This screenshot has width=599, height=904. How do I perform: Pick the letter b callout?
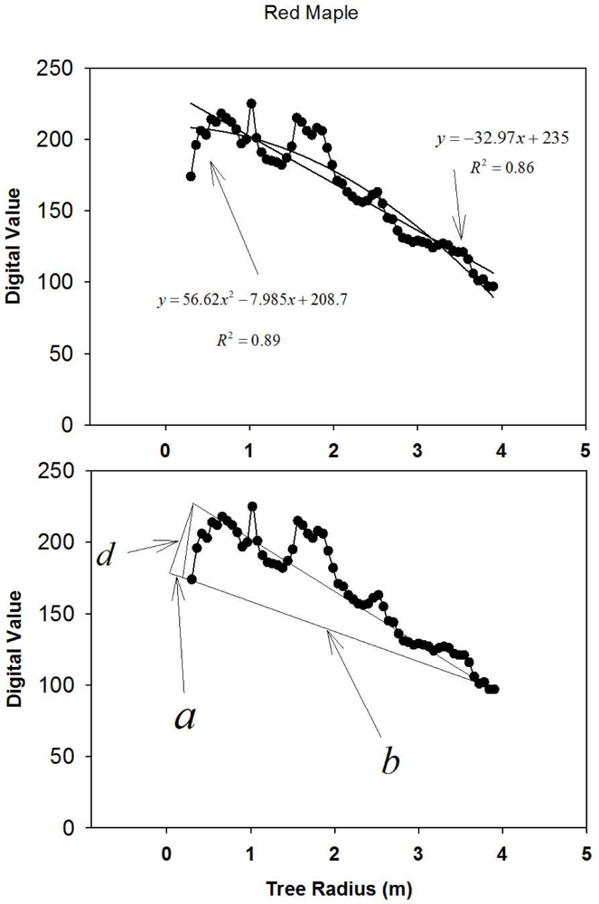(390, 761)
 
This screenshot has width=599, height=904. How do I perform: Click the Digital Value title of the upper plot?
(15, 245)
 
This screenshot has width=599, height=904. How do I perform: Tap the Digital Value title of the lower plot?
(15, 648)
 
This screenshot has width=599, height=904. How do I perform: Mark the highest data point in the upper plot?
(251, 104)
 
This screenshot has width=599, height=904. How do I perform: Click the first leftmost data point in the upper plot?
(191, 176)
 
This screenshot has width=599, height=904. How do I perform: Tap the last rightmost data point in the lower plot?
(494, 689)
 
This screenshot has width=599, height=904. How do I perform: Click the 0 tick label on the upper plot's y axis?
(65, 424)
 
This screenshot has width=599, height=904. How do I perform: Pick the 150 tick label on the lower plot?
(55, 614)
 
